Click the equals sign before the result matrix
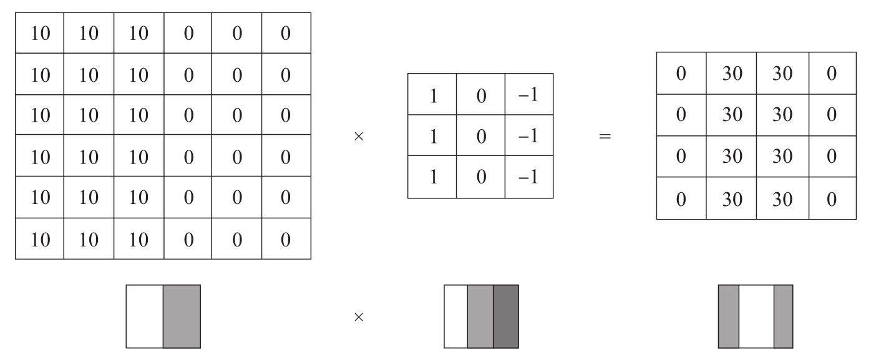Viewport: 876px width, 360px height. click(604, 136)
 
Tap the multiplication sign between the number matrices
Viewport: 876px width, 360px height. click(358, 136)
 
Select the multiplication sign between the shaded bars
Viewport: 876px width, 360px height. click(358, 317)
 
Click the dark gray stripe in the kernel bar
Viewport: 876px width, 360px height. click(505, 316)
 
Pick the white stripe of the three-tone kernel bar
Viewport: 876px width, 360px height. click(455, 316)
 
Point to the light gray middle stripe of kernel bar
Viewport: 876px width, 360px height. click(480, 316)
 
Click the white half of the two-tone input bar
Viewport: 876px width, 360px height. click(145, 316)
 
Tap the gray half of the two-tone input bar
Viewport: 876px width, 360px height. click(182, 316)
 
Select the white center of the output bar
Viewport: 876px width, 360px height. click(756, 316)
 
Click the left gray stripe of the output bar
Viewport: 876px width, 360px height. click(729, 316)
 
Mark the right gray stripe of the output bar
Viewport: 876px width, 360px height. click(783, 316)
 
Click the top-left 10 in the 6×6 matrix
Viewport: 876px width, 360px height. click(40, 34)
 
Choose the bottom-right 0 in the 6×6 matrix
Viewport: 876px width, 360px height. click(286, 239)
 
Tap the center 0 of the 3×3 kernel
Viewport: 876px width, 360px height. click(480, 136)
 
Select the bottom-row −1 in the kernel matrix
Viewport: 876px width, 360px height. click(528, 177)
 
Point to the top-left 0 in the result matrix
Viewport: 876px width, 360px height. click(681, 74)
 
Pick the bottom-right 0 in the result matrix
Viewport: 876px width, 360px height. click(831, 198)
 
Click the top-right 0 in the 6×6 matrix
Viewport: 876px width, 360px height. click(286, 34)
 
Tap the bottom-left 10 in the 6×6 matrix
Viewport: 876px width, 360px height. click(40, 239)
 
